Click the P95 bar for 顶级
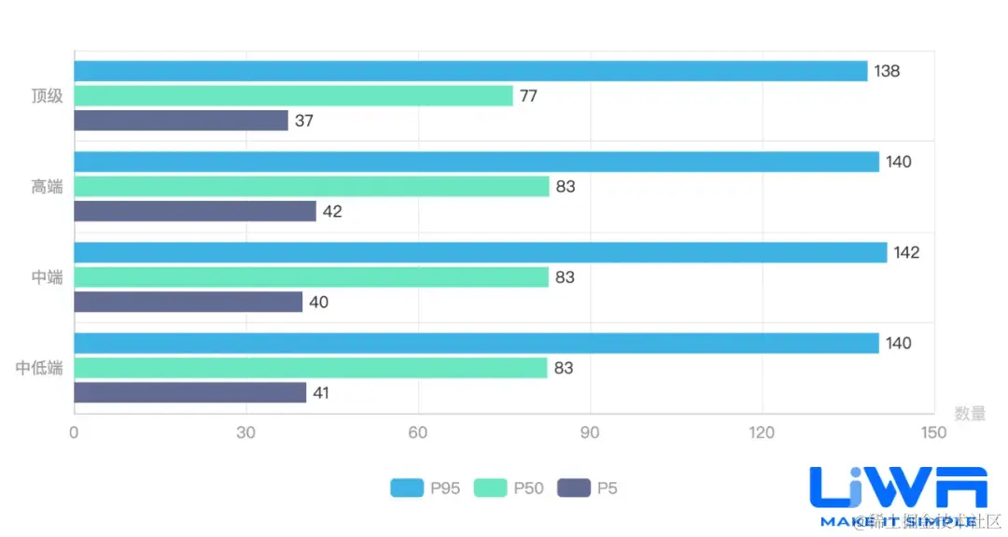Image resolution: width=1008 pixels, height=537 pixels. tap(470, 71)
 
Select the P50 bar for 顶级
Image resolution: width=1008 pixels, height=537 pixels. tap(293, 95)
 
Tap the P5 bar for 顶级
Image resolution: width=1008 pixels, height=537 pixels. tap(181, 120)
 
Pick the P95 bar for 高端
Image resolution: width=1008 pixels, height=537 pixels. tap(476, 162)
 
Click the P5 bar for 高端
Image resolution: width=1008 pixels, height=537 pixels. tap(195, 211)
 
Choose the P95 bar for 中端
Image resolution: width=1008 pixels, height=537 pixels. tap(480, 252)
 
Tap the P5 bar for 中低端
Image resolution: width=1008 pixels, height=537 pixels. tap(190, 393)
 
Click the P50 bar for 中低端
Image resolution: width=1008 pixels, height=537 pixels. tap(311, 368)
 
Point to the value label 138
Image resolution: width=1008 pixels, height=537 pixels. tap(887, 71)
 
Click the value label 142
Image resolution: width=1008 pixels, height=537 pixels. tap(906, 252)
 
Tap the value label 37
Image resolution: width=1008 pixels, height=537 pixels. tap(304, 120)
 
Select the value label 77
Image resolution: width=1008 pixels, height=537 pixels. tap(528, 95)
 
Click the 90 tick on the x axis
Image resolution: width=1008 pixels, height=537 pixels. tap(591, 432)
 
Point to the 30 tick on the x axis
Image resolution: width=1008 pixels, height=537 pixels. tap(246, 432)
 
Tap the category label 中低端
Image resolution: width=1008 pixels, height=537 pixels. tap(39, 368)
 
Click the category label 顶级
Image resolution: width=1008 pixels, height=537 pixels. tap(47, 95)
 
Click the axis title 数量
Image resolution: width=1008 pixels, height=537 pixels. tap(970, 413)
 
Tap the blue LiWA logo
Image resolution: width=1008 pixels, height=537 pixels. tap(898, 491)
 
